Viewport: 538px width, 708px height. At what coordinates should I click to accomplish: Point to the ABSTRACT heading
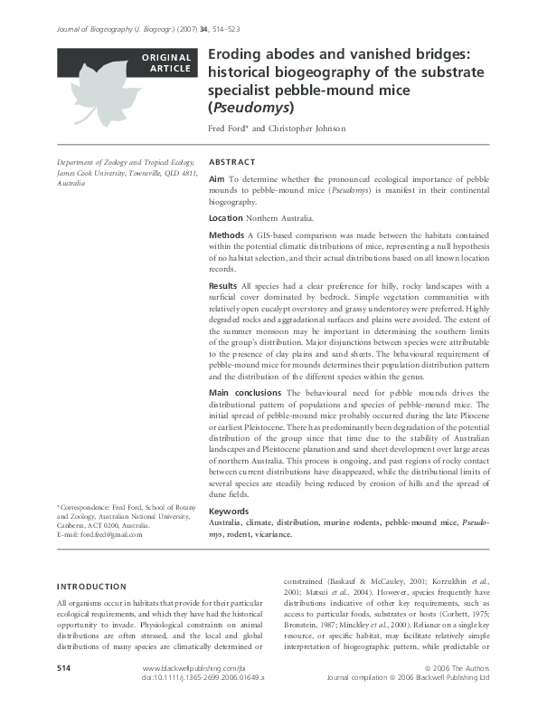[231, 162]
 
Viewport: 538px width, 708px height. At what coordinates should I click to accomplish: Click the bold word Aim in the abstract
[217, 181]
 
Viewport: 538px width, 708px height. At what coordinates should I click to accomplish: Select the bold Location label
[225, 218]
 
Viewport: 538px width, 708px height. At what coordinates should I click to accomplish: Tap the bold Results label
[223, 286]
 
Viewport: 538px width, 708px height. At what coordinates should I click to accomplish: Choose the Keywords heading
[229, 512]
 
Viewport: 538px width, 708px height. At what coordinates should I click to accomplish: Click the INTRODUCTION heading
[91, 586]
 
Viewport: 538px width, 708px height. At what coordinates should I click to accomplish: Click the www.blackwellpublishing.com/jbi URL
[187, 694]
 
